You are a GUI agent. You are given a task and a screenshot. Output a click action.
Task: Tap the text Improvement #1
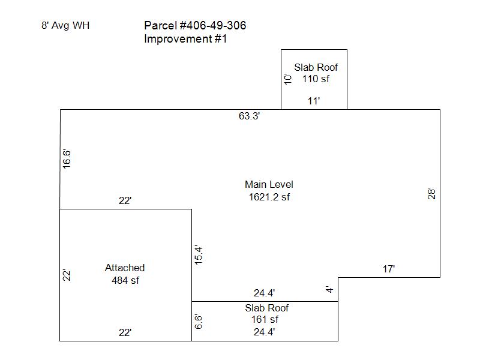(185, 40)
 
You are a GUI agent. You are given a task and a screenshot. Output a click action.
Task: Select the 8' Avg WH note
(66, 26)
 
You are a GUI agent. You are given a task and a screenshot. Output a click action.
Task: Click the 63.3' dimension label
(249, 116)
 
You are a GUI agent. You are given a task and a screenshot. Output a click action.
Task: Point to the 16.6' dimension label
(67, 160)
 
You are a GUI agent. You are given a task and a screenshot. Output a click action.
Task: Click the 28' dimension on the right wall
(431, 194)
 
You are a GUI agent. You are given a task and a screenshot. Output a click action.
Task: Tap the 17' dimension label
(389, 269)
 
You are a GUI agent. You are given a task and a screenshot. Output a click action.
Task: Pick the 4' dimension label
(329, 289)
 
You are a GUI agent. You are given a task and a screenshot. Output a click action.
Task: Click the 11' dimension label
(314, 101)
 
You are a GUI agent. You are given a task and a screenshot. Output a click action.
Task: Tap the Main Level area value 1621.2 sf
(269, 197)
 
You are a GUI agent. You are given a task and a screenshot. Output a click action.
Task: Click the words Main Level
(269, 185)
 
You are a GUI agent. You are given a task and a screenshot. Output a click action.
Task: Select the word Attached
(125, 268)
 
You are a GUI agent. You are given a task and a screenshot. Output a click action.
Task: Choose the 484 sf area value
(125, 280)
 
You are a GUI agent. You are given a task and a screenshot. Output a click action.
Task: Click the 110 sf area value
(316, 79)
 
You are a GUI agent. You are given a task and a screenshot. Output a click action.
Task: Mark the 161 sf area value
(265, 320)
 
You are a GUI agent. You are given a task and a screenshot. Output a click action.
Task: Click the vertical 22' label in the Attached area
(67, 275)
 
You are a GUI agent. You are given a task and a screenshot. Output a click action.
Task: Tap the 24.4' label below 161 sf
(265, 331)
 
